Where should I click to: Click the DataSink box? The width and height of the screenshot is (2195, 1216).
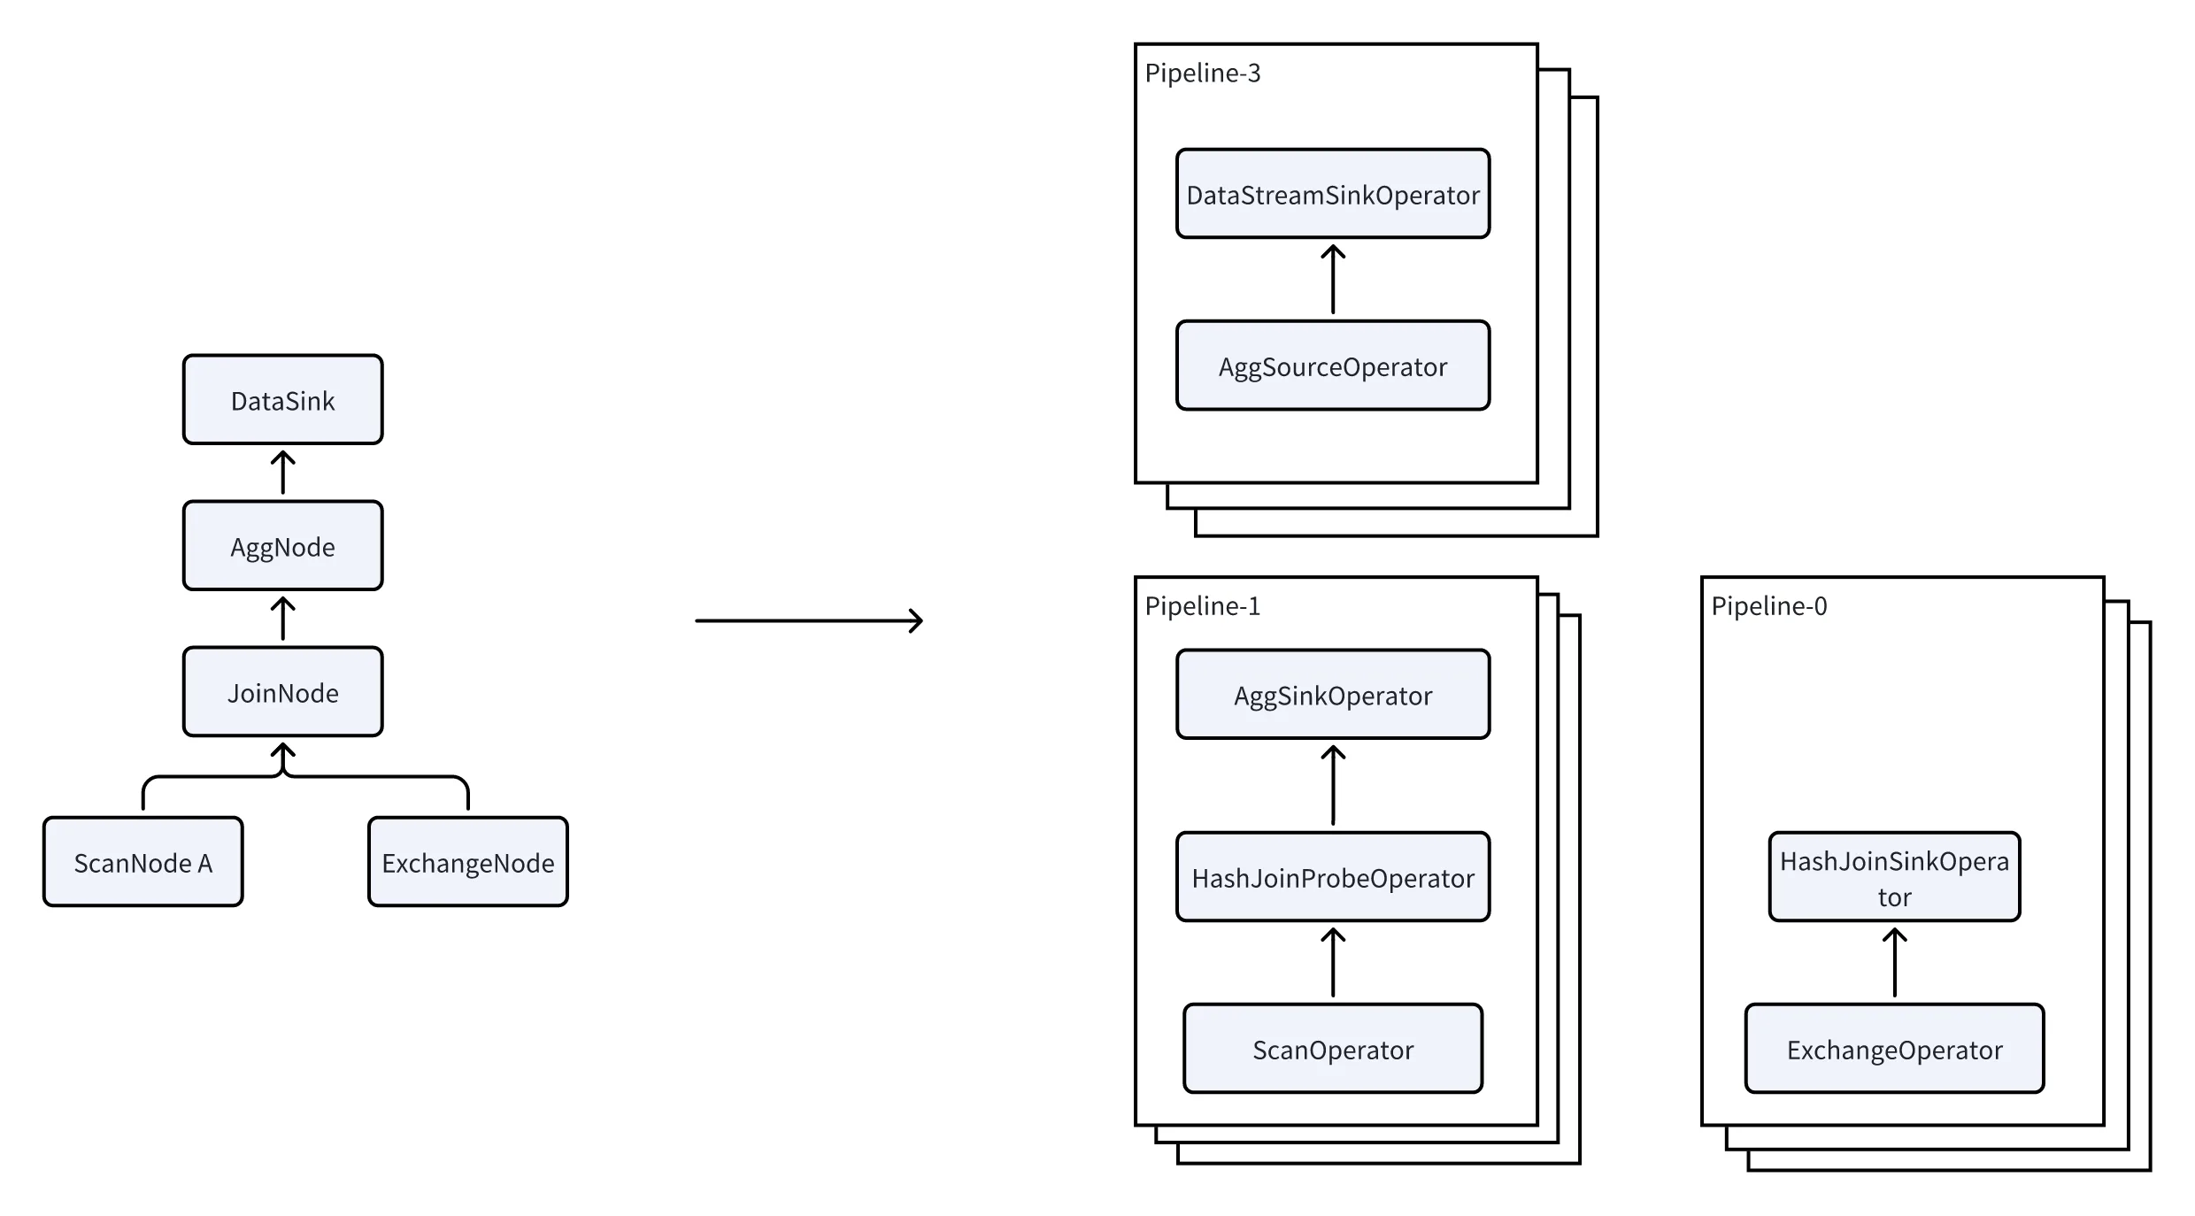[x=282, y=400]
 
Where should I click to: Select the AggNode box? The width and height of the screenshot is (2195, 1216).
[x=282, y=546]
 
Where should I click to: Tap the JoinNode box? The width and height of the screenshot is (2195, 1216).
[x=282, y=692]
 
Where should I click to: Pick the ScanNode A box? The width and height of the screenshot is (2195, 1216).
[x=142, y=862]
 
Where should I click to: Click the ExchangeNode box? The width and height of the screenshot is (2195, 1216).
[x=467, y=862]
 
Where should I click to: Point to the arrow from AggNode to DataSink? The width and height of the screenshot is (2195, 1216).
[x=282, y=473]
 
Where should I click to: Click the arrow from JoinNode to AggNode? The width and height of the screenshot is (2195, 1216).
[x=282, y=619]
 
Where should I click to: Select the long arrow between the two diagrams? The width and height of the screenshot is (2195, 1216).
[x=808, y=620]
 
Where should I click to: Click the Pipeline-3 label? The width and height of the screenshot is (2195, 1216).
[x=1202, y=73]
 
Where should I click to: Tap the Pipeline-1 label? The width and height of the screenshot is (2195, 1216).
[x=1202, y=606]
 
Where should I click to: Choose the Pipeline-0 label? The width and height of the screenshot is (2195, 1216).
[x=1768, y=606]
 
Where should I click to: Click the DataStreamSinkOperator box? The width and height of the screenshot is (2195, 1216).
[x=1332, y=194]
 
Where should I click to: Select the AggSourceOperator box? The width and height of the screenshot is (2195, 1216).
[x=1332, y=366]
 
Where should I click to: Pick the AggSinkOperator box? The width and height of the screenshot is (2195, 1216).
[x=1332, y=695]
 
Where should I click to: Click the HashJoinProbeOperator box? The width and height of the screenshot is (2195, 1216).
[x=1332, y=877]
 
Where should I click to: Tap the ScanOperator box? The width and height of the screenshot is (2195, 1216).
[x=1332, y=1049]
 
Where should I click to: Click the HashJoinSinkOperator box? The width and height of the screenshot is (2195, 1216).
[x=1894, y=877]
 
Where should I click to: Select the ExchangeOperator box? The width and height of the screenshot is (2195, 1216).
[x=1894, y=1049]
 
